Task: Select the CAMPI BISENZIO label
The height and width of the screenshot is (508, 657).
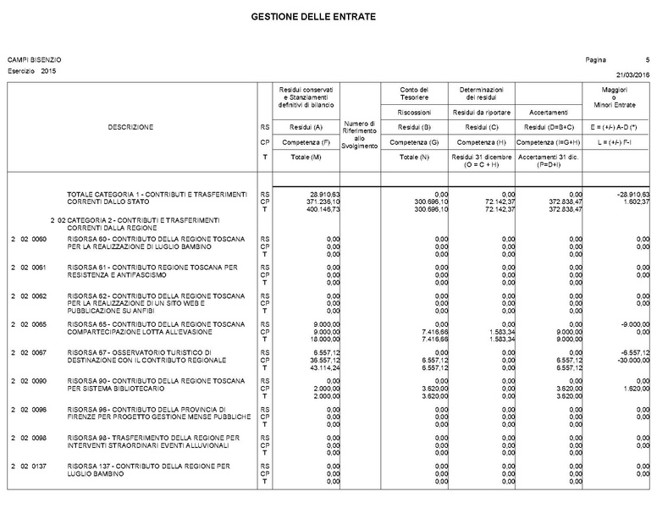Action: pos(34,60)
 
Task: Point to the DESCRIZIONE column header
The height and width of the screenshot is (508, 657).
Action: pos(130,127)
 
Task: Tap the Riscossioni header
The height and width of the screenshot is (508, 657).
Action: pos(415,112)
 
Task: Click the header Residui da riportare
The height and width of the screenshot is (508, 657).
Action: pos(481,112)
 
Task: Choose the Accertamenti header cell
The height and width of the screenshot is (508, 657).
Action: pos(548,112)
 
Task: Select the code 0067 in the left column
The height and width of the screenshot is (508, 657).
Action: pos(39,353)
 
